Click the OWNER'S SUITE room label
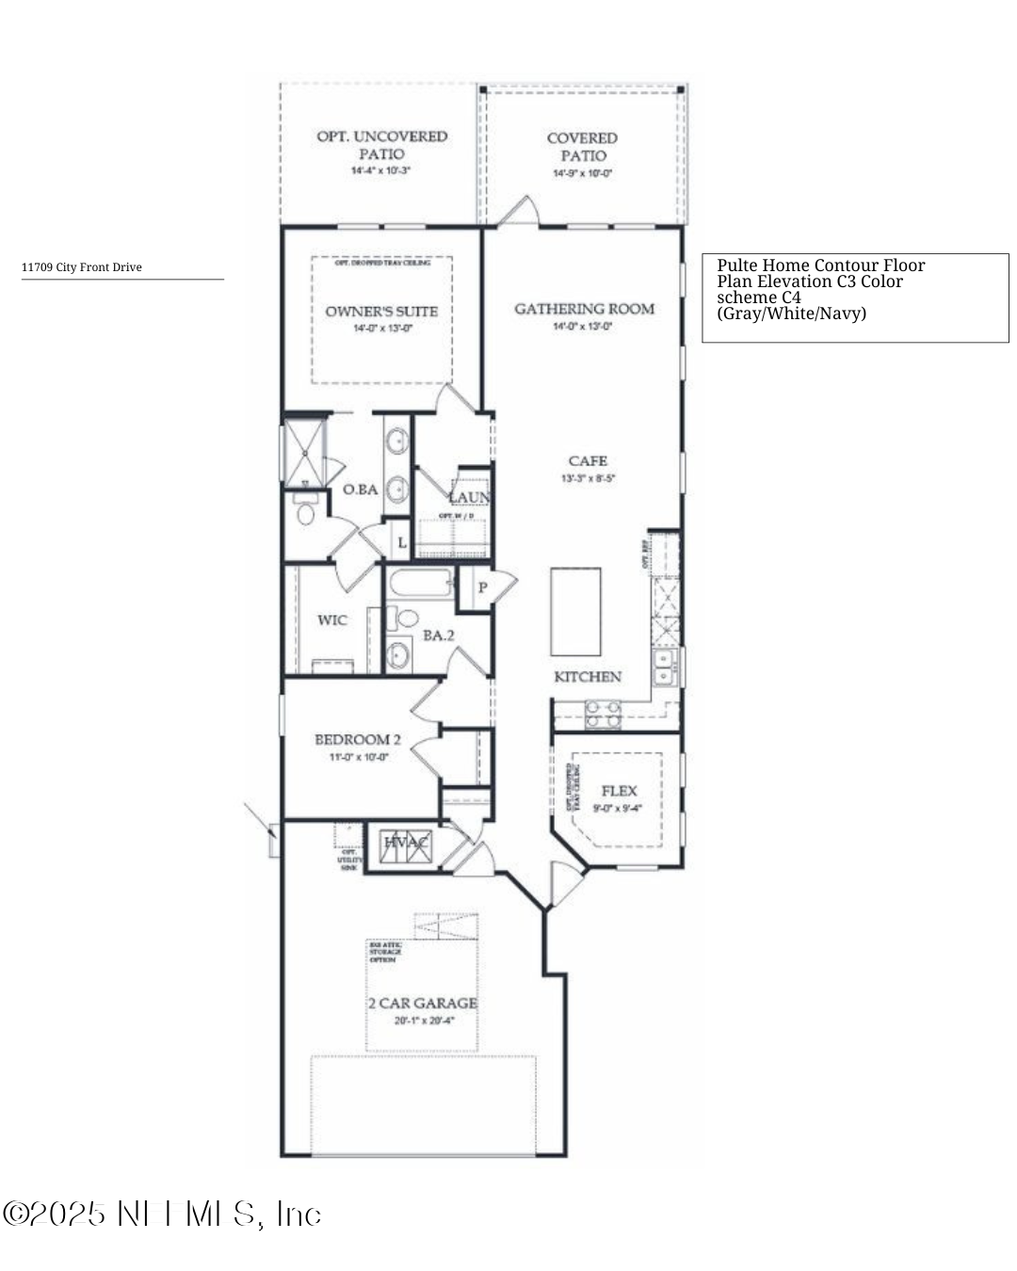pyautogui.click(x=381, y=312)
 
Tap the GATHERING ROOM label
pyautogui.click(x=584, y=309)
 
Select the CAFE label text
pyautogui.click(x=588, y=460)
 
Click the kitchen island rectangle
pyautogui.click(x=576, y=611)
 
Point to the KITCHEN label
pyautogui.click(x=588, y=677)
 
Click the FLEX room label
pyautogui.click(x=619, y=791)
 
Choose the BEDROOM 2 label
pyautogui.click(x=358, y=740)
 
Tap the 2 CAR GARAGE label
pyautogui.click(x=423, y=1004)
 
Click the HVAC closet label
pyautogui.click(x=406, y=843)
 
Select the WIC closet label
pyautogui.click(x=331, y=619)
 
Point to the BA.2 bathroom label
pyautogui.click(x=439, y=635)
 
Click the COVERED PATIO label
pyautogui.click(x=583, y=147)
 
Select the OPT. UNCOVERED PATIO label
pyautogui.click(x=381, y=145)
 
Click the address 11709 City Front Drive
pyautogui.click(x=82, y=267)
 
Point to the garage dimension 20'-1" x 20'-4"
pyautogui.click(x=424, y=1021)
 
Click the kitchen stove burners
pyautogui.click(x=604, y=715)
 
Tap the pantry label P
pyautogui.click(x=482, y=587)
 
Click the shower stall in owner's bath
pyautogui.click(x=304, y=452)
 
